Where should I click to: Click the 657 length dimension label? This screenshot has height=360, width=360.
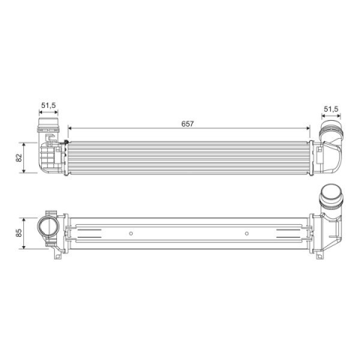pos(187,124)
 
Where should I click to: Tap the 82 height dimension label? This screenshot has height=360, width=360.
pos(19,157)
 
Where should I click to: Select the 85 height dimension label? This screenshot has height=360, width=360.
pos(19,233)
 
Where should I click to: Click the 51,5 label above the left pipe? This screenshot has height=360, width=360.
pos(48,105)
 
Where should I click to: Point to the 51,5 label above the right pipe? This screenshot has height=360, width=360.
pos(331,109)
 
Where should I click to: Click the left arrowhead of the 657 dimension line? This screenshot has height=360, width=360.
pos(70,128)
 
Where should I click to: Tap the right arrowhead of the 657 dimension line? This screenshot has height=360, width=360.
pos(307,128)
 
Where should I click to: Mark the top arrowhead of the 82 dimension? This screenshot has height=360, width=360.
pos(24,145)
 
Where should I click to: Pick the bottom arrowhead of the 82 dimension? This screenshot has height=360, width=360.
pos(24,170)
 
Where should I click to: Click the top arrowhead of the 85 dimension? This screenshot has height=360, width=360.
pos(24,220)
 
